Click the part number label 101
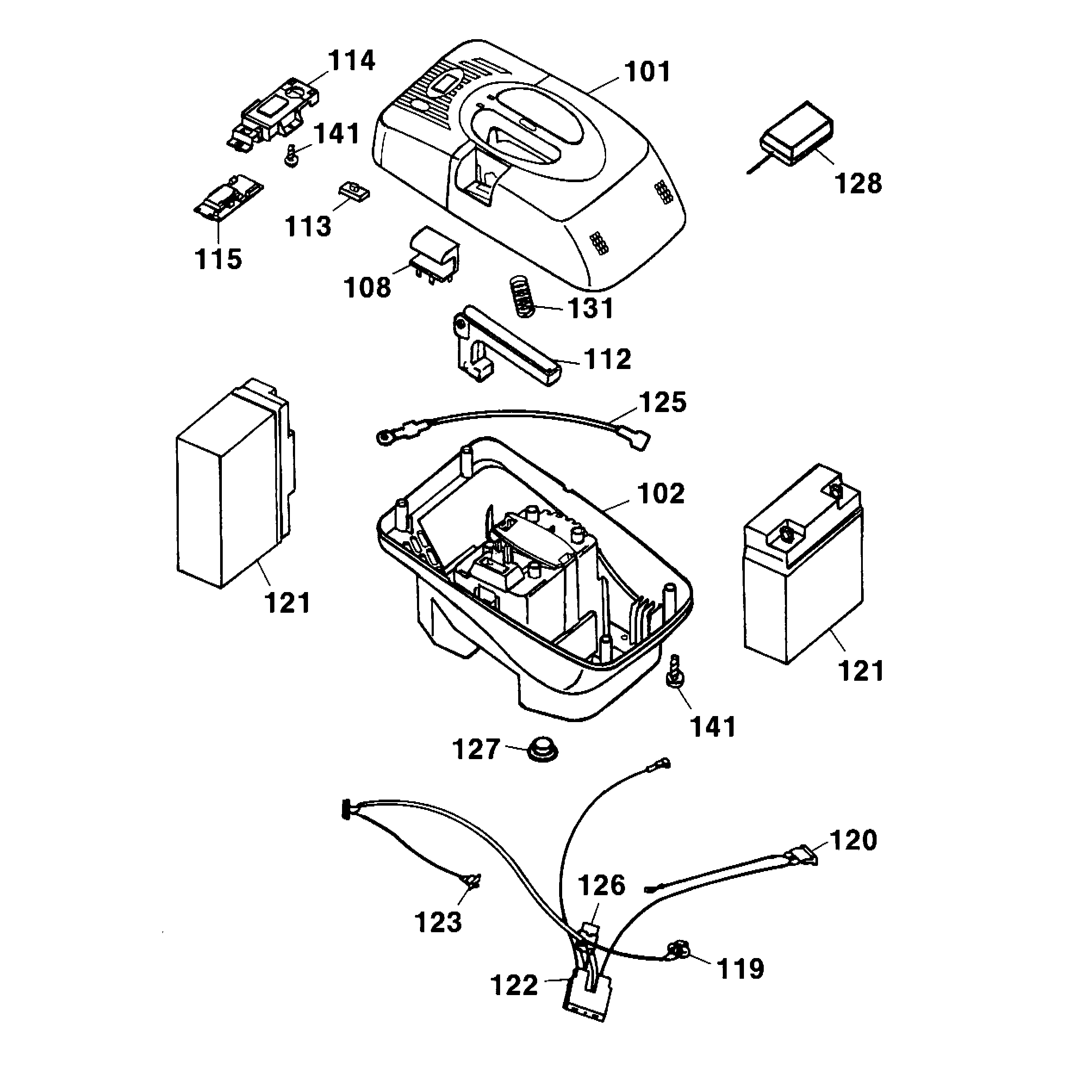point(647,72)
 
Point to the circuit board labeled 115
point(228,198)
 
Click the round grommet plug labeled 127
point(542,749)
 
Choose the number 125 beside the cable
point(663,403)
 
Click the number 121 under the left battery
point(287,603)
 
